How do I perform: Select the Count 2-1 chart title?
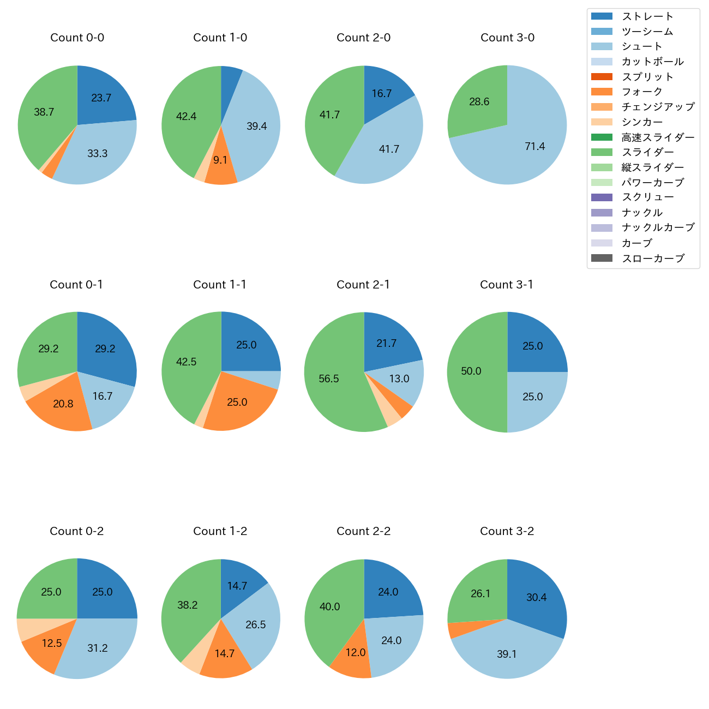[363, 285]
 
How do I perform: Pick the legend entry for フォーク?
[642, 92]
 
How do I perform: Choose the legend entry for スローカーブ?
[653, 259]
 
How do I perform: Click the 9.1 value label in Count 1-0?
[220, 160]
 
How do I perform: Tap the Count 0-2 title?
[77, 531]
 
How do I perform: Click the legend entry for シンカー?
[642, 122]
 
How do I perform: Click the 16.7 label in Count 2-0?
[382, 94]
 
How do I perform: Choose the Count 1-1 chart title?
[220, 285]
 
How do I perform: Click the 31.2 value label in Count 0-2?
[98, 648]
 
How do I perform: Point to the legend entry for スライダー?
[647, 152]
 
